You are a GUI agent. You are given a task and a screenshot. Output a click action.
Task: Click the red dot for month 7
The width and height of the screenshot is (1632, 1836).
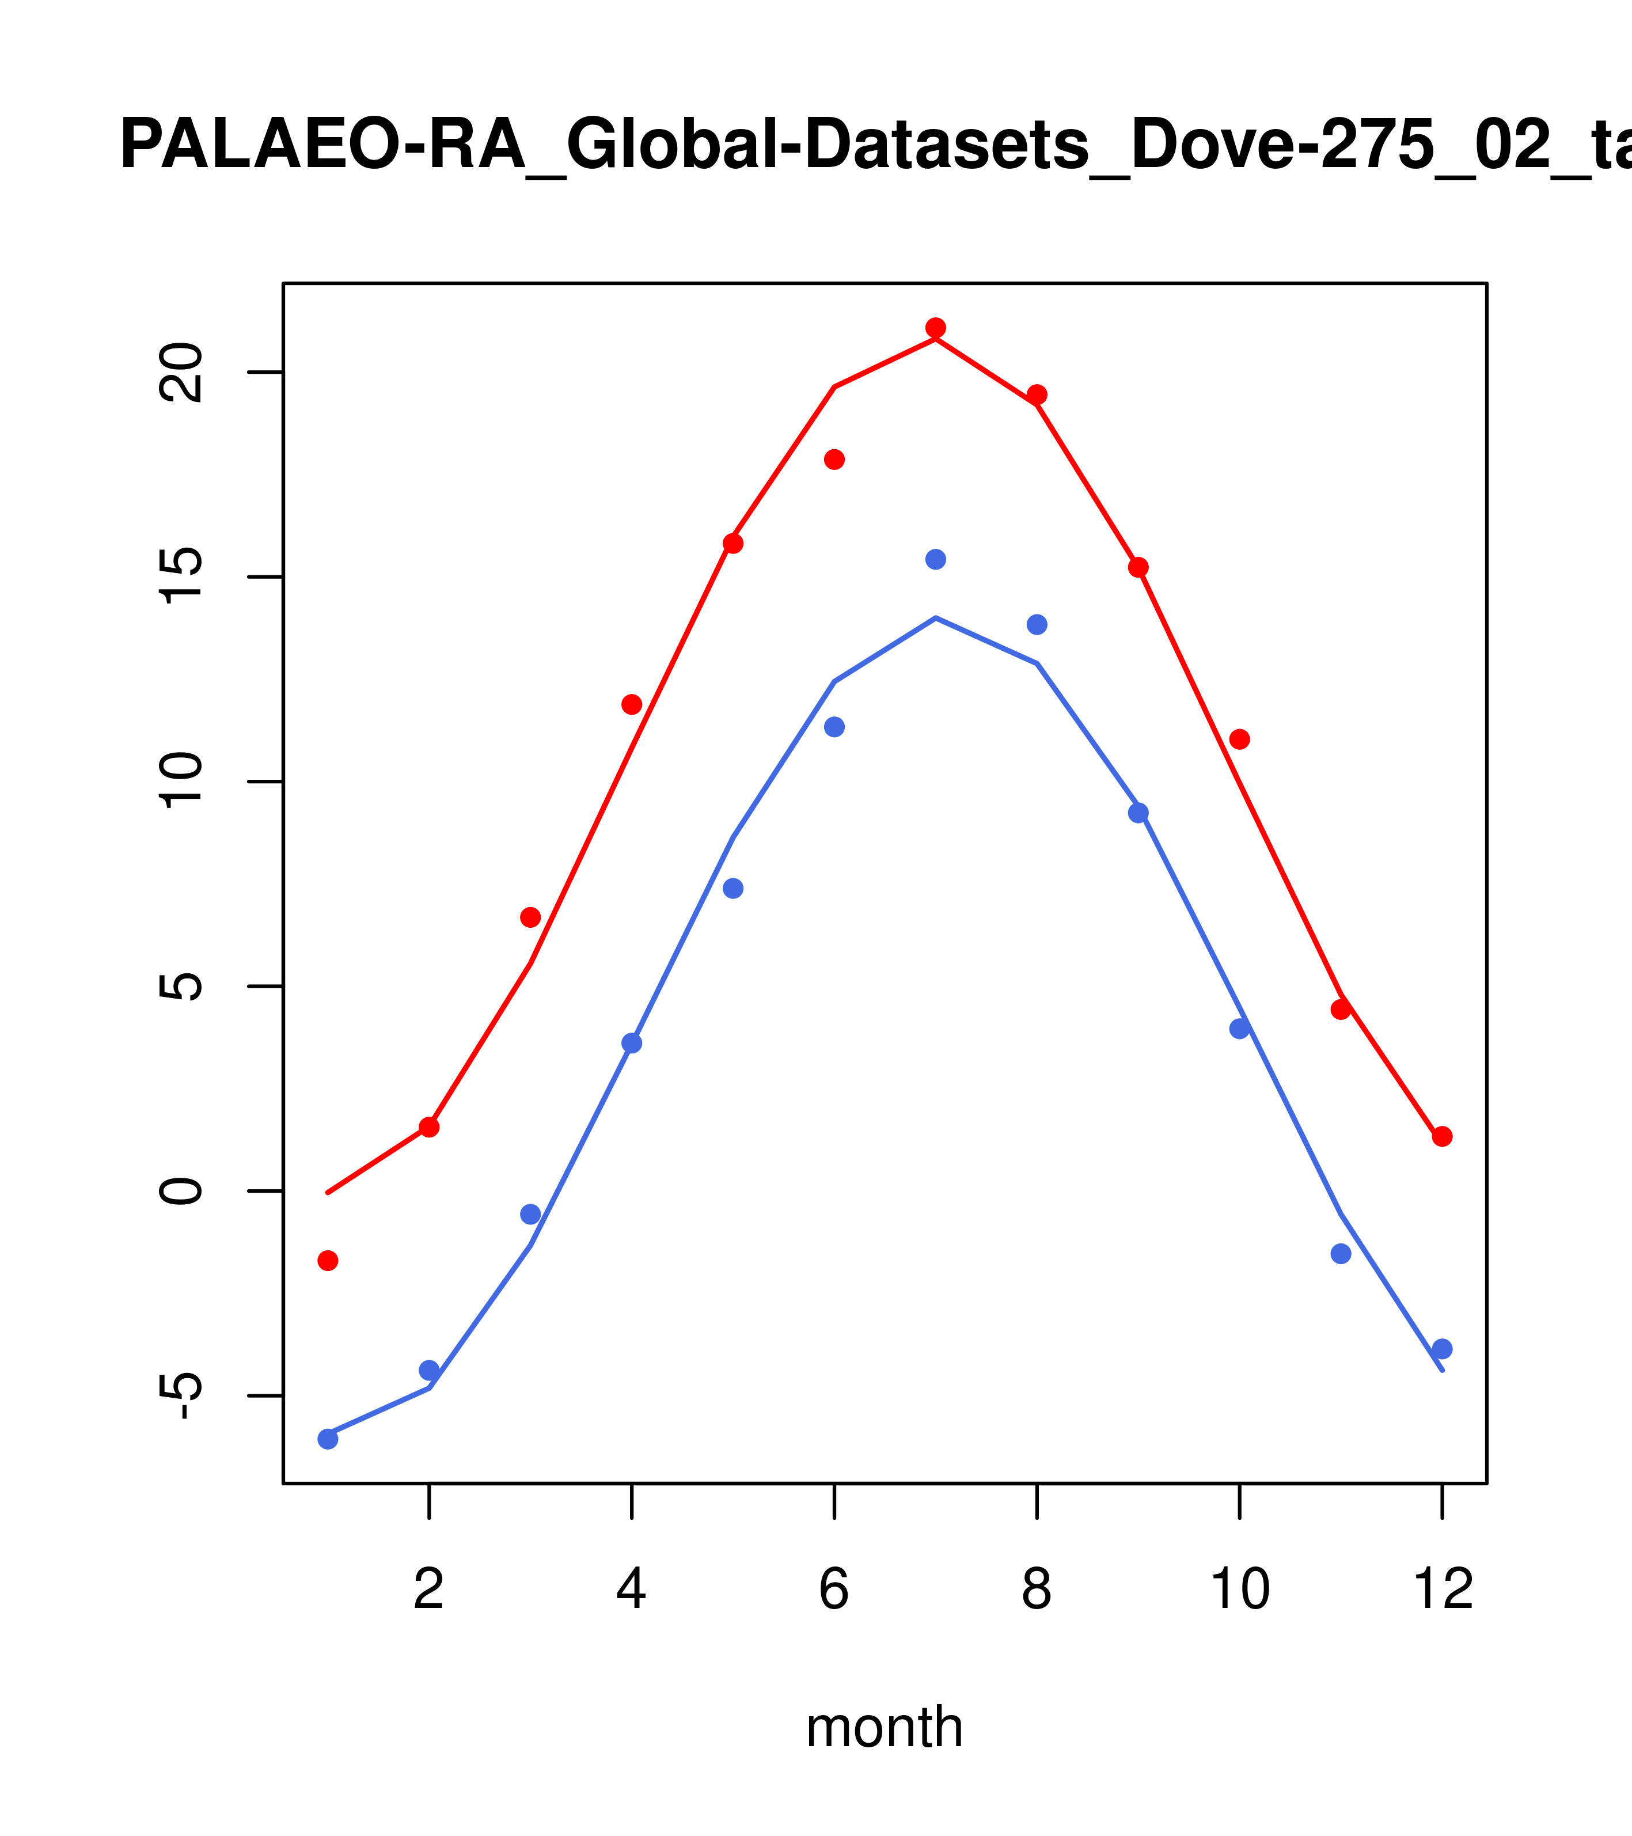pos(935,328)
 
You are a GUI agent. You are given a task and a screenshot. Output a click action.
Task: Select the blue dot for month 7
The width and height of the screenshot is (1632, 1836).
pos(935,560)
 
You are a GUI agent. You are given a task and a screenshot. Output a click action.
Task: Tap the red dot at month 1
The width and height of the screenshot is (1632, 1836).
pos(328,1261)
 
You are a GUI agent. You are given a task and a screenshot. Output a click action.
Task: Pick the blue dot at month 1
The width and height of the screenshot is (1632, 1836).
pos(328,1439)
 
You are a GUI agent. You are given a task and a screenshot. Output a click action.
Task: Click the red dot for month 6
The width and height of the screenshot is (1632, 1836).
pos(834,460)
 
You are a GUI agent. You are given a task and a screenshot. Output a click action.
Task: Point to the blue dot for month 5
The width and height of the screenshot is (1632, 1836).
pos(733,889)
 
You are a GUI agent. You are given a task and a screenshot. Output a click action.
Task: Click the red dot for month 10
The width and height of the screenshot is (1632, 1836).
pos(1239,739)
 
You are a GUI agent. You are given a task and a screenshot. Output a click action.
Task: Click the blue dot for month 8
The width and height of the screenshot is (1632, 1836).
pos(1037,624)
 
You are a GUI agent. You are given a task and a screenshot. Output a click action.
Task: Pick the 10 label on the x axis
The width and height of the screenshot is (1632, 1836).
pos(1239,1591)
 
